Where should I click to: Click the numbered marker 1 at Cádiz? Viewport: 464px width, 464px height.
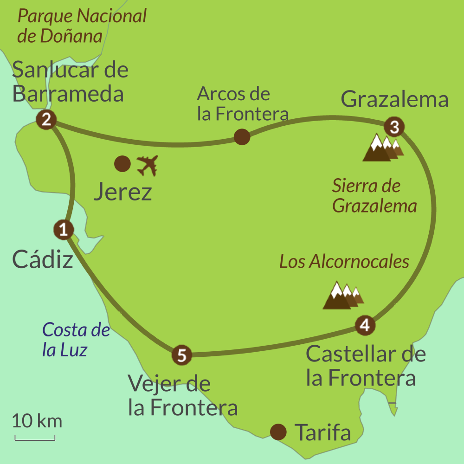click(64, 229)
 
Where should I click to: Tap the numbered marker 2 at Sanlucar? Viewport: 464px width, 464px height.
click(46, 120)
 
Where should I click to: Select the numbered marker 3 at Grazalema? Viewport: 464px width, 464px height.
click(394, 127)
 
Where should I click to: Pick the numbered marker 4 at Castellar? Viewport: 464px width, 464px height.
click(365, 325)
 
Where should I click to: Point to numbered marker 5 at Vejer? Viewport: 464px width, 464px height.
click(181, 355)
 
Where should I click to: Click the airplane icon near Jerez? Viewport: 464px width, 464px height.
click(148, 165)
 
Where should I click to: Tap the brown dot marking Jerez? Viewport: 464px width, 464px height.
click(122, 163)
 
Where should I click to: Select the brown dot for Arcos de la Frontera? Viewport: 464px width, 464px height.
click(242, 137)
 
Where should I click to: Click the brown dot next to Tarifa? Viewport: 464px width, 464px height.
click(278, 432)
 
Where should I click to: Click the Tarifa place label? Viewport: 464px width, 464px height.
click(323, 433)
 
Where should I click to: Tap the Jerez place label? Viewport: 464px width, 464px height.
click(123, 192)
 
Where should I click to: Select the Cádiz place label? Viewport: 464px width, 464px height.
click(43, 259)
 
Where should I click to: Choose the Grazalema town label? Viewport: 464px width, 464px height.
click(394, 99)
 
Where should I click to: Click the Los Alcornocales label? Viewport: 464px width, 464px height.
click(344, 262)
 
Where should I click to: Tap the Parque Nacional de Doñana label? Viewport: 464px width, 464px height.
click(82, 26)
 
